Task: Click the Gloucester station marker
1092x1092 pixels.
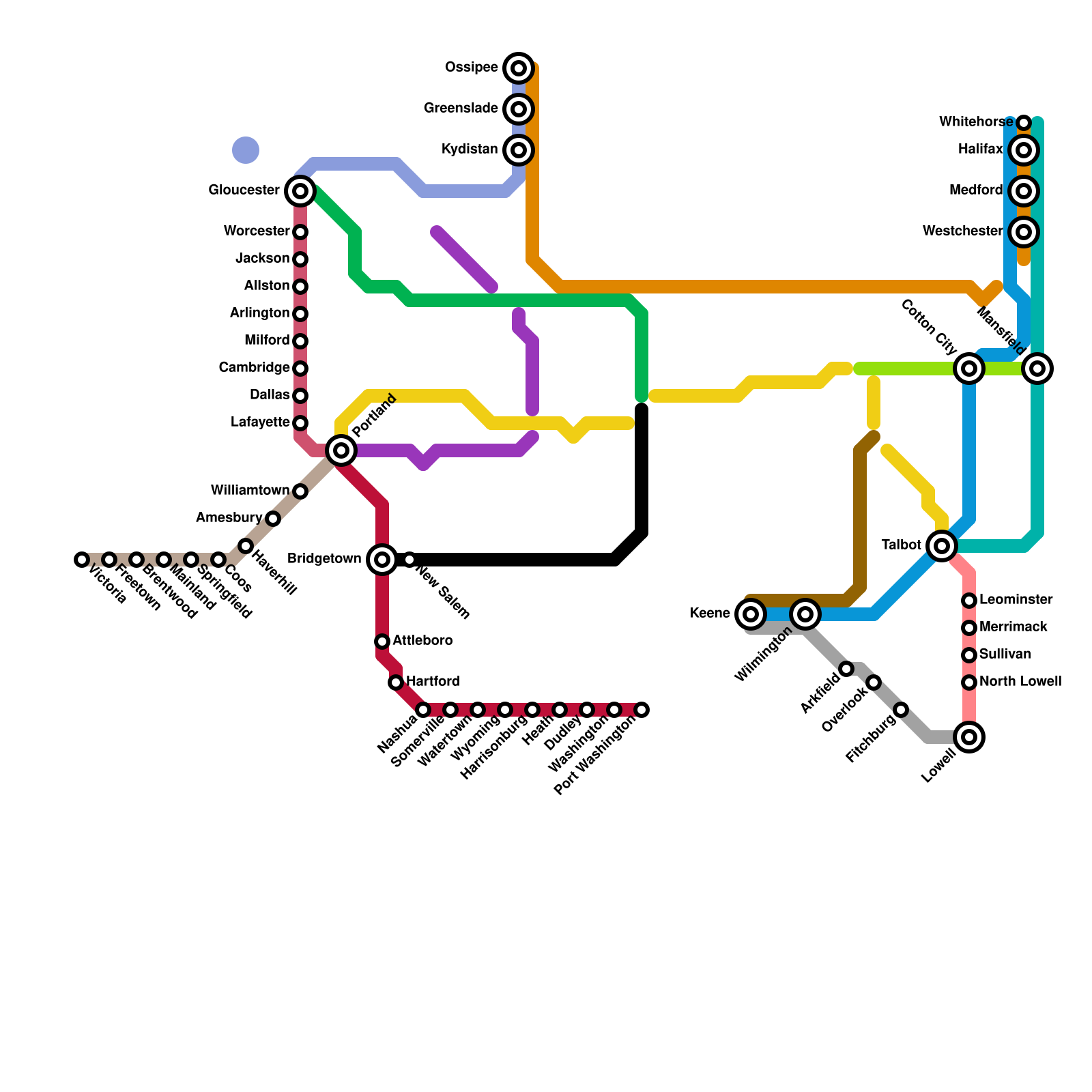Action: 300,191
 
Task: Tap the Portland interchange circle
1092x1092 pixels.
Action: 341,450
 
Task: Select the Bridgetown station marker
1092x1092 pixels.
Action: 382,560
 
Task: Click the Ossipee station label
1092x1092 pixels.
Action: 472,68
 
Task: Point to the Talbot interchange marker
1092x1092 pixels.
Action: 942,546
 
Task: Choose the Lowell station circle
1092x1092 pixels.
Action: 969,737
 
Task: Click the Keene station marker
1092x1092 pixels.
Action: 751,614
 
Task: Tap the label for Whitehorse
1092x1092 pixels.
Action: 976,122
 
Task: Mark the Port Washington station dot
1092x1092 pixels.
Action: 642,710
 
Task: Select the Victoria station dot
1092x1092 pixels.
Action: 82,560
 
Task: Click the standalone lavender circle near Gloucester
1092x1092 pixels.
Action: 246,150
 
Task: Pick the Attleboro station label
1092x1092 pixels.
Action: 422,641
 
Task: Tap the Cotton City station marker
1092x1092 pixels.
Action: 969,369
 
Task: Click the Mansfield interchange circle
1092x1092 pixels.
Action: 1037,369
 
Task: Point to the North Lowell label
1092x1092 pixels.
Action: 1020,682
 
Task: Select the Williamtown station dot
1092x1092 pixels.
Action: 300,491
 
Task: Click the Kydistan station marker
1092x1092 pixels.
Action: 519,150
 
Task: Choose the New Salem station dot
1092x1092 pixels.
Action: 409,560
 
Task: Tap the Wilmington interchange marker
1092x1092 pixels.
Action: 805,614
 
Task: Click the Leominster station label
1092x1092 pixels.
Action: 1016,600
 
